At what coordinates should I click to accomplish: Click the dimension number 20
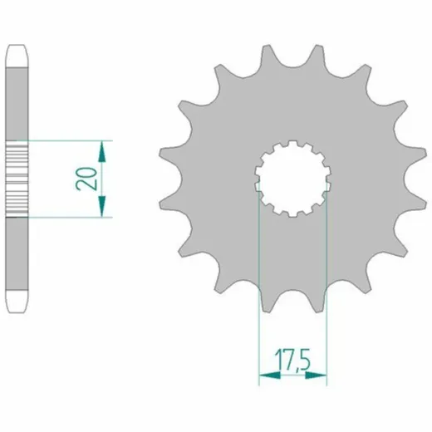coord(86,179)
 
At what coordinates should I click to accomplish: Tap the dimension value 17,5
coord(292,360)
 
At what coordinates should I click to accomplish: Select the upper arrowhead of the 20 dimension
coord(102,151)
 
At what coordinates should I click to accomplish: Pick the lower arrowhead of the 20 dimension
coord(102,206)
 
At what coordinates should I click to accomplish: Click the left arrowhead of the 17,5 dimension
coord(270,376)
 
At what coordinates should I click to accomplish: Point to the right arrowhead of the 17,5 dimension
coord(316,376)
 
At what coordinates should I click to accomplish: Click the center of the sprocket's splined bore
coord(292,179)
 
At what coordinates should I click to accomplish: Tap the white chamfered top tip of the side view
coord(17,56)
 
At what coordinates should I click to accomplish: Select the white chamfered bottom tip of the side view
coord(17,302)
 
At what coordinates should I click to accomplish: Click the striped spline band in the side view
coord(17,179)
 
